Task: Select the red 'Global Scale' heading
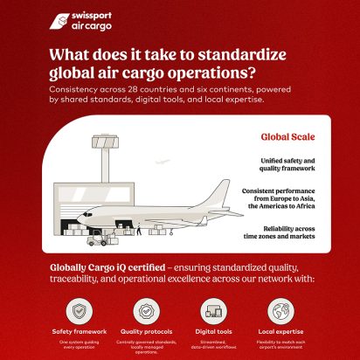coord(287,137)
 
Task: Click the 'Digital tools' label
coord(213,332)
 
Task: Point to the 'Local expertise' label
coord(280,332)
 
